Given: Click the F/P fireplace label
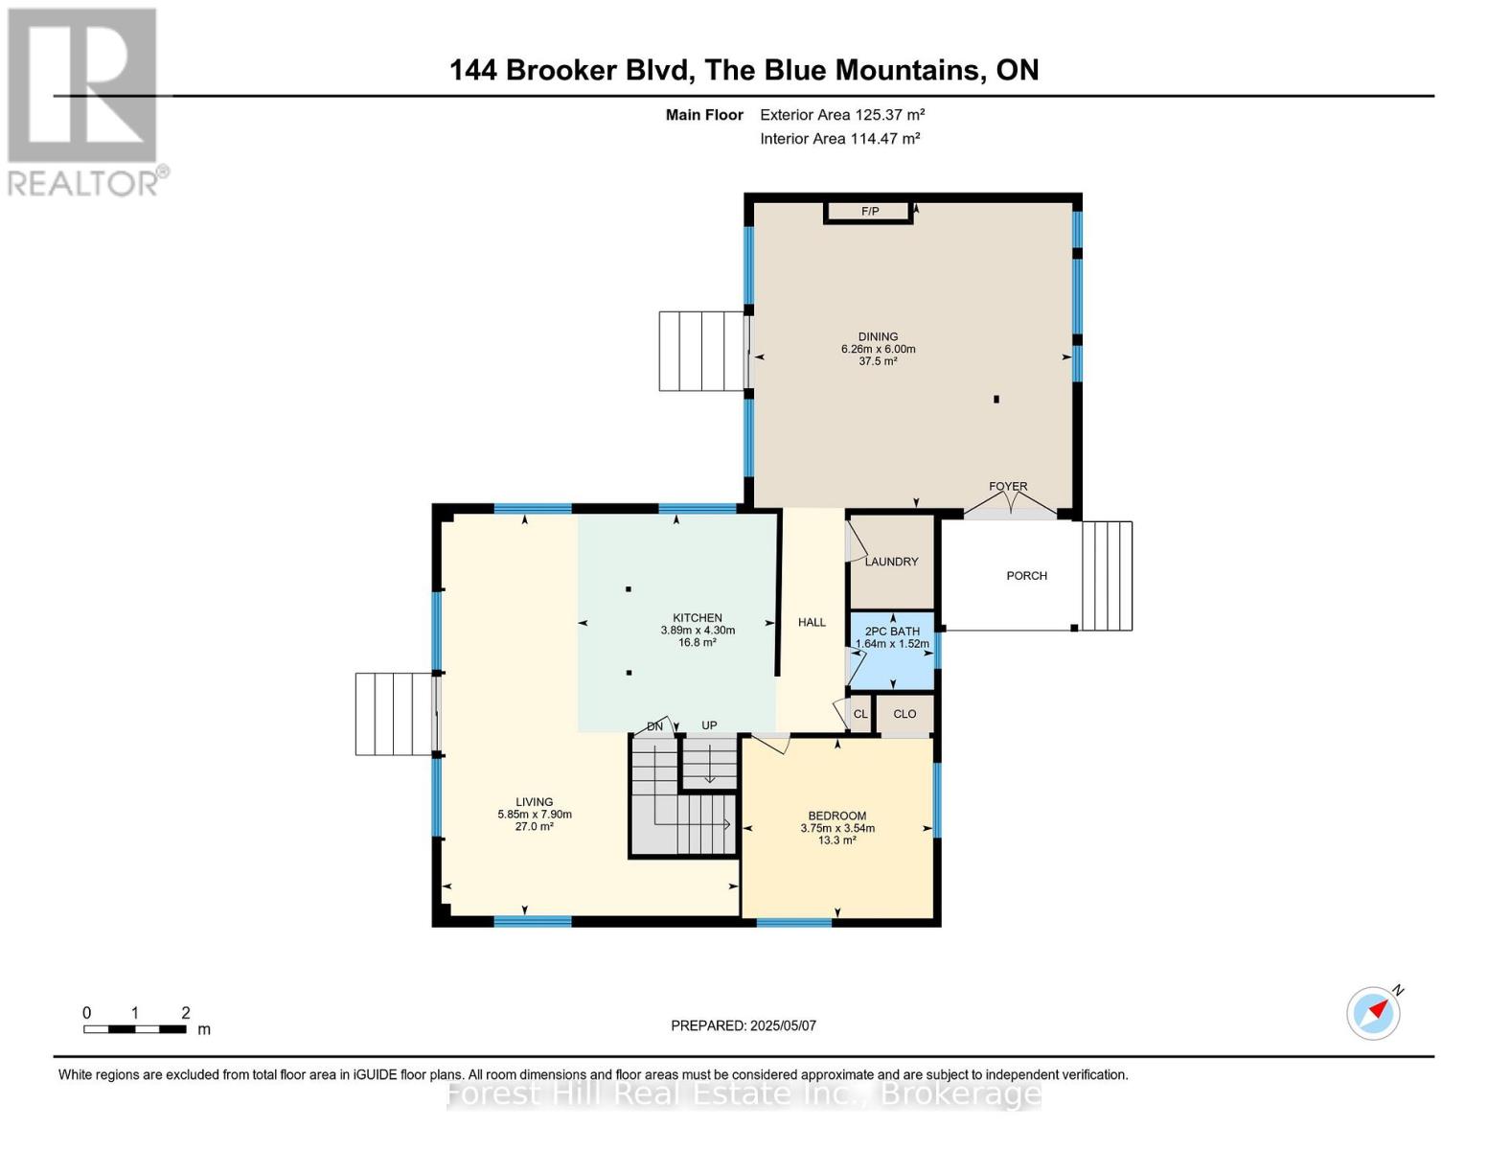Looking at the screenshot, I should tap(869, 211).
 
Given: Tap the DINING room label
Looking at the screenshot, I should tap(878, 336).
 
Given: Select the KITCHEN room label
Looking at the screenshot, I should tap(697, 618).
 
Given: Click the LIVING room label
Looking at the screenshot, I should tap(534, 802).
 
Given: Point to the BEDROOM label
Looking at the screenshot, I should tap(836, 816).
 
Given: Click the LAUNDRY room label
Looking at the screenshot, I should tap(891, 562).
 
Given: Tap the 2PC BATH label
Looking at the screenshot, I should tap(892, 632).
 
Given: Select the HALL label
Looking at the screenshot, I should tap(812, 623).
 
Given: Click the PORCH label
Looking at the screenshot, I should tap(1026, 576).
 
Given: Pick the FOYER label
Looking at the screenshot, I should tap(1008, 487).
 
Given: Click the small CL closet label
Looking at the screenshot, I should tap(859, 714).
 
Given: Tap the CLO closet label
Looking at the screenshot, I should tap(904, 714).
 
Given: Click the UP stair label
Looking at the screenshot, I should tap(709, 725).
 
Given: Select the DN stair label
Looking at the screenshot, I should tap(654, 726).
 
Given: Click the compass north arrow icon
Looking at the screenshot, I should tap(1374, 1012).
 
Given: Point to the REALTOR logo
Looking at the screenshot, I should tap(83, 101).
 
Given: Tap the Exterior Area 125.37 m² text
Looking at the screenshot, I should tap(842, 115).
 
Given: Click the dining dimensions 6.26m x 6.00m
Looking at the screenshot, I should tap(878, 350).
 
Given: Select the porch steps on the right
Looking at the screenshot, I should tap(1107, 576).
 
